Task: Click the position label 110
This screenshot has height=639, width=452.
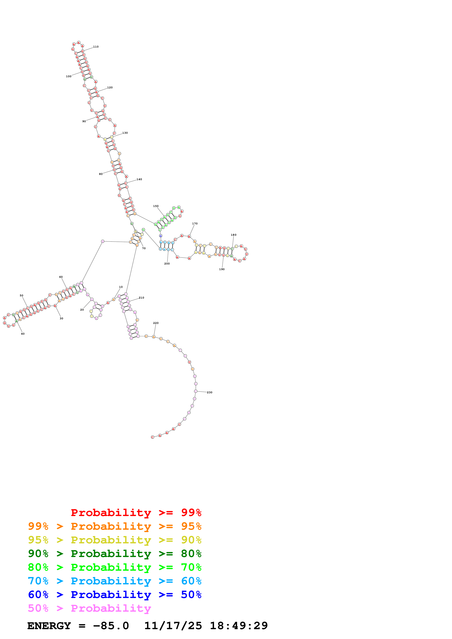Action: point(96,47)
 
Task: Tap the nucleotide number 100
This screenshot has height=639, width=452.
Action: point(69,76)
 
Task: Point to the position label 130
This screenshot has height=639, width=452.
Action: point(125,133)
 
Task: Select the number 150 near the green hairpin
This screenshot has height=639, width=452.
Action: point(156,206)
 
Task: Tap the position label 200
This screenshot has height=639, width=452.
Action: point(167,264)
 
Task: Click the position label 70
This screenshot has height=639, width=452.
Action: point(144,248)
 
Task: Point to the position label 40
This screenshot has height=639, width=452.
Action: point(23,334)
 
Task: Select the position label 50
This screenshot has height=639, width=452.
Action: point(22,296)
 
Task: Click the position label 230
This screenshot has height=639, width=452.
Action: point(209,392)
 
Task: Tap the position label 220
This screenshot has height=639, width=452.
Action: point(156,323)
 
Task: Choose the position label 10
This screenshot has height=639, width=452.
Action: point(121,287)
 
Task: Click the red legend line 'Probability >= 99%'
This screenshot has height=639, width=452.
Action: point(136,513)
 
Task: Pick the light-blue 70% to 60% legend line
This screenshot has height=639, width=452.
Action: point(115,581)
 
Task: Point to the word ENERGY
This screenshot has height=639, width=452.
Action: point(49,626)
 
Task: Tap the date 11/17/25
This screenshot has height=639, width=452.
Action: point(173,626)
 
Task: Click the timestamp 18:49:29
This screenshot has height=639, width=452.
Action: point(239,626)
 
